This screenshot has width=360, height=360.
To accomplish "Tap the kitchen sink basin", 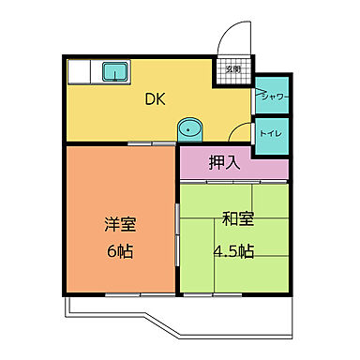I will point(116,71).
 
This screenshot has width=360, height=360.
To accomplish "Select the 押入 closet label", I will point(225,161).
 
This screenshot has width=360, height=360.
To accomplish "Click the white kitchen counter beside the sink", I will point(83,71).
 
